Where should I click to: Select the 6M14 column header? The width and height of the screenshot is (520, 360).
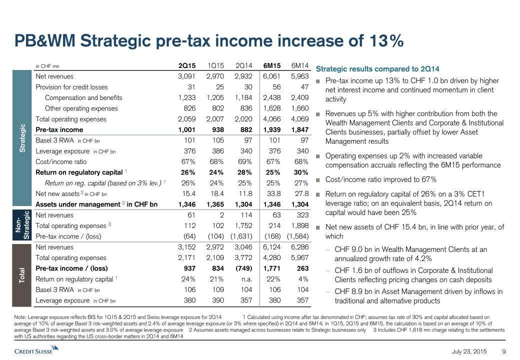[x=300, y=65]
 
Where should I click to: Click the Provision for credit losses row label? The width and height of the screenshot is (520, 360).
[x=71, y=87]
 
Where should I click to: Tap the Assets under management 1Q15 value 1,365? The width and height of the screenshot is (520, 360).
[x=216, y=204]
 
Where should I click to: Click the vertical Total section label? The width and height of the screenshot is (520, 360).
[x=22, y=274]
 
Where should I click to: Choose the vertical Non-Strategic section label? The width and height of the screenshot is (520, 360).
[x=22, y=225]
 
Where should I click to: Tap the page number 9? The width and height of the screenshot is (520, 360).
[x=504, y=352]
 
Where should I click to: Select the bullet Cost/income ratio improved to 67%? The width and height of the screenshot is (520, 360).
[x=381, y=179]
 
